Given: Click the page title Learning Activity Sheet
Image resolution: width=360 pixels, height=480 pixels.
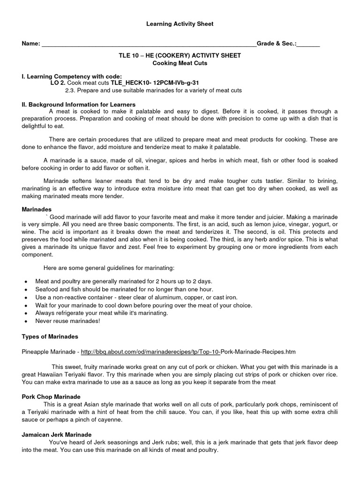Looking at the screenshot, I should coord(180,24).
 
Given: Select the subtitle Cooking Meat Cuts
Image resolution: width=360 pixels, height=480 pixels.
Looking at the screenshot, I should coord(180,63).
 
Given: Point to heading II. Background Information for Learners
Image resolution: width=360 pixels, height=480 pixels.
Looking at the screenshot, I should coord(79,104).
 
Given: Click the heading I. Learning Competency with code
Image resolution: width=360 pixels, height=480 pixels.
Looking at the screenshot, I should coord(72,76).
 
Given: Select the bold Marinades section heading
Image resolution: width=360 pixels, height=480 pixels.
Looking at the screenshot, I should coord(37,210).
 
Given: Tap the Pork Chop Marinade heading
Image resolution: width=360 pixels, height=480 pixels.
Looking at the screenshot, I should coord(52,397).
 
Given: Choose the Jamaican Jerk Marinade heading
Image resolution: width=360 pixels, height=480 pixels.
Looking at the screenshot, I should coord(57,435).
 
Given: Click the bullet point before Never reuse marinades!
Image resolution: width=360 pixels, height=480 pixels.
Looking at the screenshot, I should coord(25,321).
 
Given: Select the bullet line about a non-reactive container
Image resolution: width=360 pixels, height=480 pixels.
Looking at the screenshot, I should coord(136,297).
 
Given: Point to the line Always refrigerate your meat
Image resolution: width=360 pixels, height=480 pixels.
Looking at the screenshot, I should coord(101,313).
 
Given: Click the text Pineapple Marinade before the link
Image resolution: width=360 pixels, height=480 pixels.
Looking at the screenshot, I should coord(48,351).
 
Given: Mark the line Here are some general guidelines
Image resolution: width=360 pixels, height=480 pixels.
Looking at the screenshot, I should coord(109,268).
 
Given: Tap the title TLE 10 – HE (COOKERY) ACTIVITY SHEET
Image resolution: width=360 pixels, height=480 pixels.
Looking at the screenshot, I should coord(180,55).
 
